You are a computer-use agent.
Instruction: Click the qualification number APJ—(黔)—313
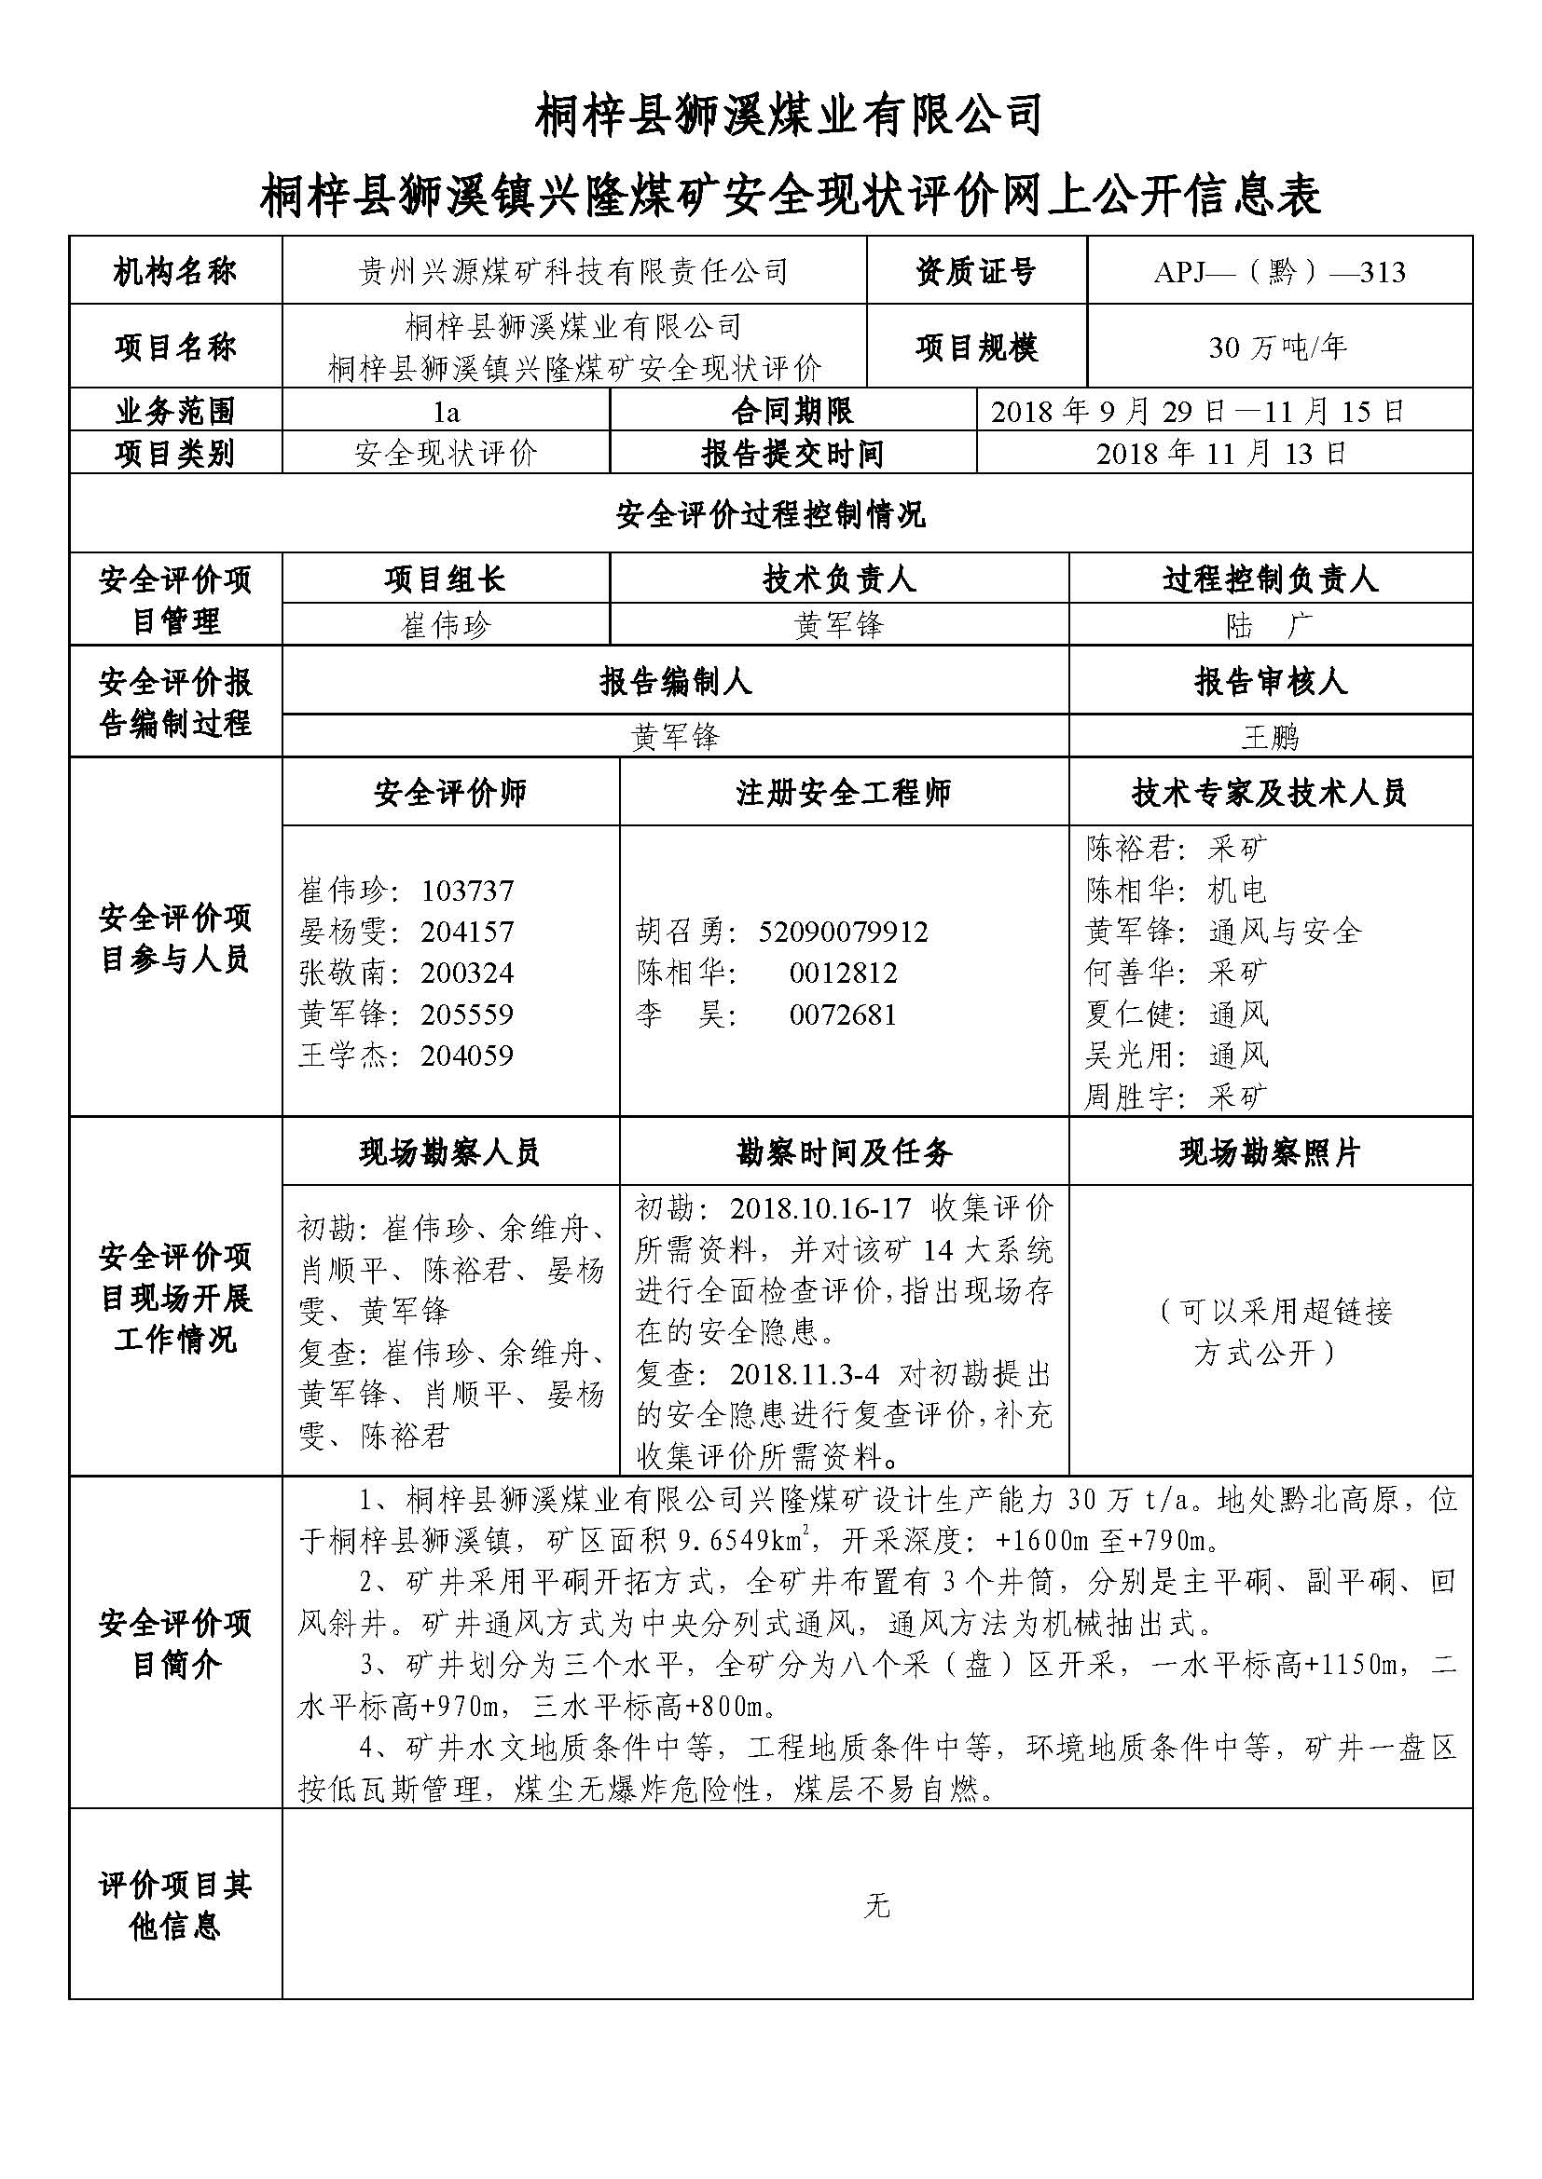point(1279,272)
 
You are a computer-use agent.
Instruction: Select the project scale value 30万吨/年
point(1278,347)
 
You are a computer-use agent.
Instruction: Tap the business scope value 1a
point(446,412)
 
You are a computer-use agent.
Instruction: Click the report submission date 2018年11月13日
point(1222,453)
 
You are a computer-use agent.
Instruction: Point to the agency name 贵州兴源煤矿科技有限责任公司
point(573,272)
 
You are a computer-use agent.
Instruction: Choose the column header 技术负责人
point(838,579)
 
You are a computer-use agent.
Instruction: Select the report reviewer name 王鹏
point(1270,737)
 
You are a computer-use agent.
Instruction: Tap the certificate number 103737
point(467,891)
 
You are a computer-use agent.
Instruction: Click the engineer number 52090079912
point(843,931)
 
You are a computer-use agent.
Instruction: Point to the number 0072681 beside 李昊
point(843,1015)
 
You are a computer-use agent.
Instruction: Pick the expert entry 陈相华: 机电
point(1176,890)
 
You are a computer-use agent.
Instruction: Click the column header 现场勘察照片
point(1270,1152)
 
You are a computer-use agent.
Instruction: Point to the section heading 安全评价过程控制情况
point(770,515)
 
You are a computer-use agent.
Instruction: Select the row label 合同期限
point(792,412)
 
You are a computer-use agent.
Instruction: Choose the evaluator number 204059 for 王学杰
point(467,1055)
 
